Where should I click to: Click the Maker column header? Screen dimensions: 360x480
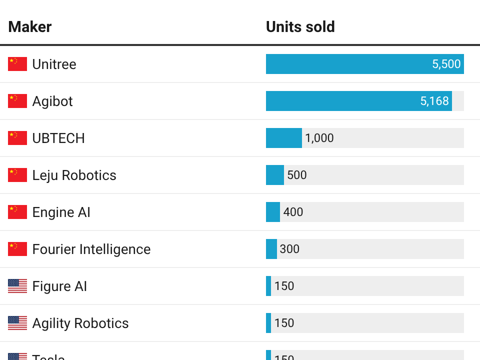click(x=30, y=27)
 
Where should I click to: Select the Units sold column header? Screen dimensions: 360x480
click(x=300, y=27)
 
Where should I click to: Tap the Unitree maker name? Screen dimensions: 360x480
click(x=54, y=64)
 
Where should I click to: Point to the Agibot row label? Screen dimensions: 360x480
click(x=52, y=101)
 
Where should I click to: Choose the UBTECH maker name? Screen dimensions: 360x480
click(x=58, y=138)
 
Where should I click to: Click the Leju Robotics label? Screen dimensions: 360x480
click(x=74, y=175)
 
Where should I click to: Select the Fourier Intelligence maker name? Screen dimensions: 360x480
click(x=91, y=249)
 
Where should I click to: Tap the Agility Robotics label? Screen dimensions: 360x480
click(x=80, y=323)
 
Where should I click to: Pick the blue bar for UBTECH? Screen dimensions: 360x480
click(x=283, y=138)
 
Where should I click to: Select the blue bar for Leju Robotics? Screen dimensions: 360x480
click(x=274, y=175)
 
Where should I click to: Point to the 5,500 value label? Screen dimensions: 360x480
click(x=446, y=64)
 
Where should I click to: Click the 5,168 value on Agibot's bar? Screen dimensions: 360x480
click(x=434, y=101)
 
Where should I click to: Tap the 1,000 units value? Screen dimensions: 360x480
click(x=319, y=138)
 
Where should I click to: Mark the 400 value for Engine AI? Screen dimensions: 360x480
click(x=293, y=212)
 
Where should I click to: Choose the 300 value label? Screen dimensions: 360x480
click(x=289, y=249)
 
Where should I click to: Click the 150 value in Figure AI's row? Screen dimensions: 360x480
click(x=284, y=286)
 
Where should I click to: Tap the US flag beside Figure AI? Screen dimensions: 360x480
click(x=17, y=286)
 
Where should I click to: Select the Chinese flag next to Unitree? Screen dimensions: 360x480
click(x=17, y=64)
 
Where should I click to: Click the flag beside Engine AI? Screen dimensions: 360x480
click(x=17, y=212)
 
